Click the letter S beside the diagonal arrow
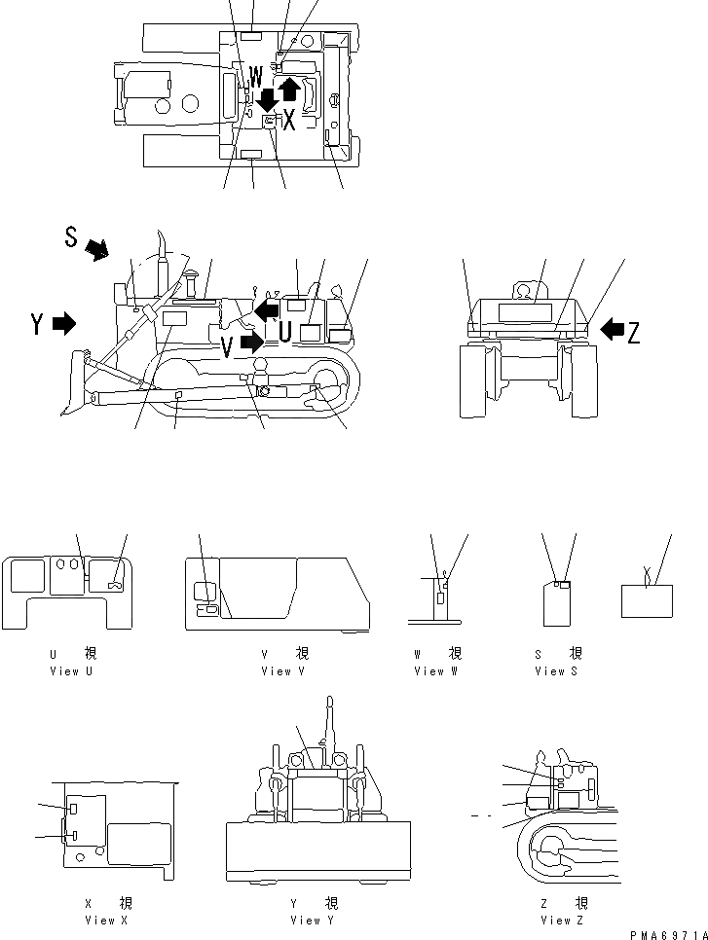71,236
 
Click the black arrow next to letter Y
64,324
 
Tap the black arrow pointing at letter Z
612,330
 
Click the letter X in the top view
289,121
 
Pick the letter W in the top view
255,74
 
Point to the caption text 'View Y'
305,920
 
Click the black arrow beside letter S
97,251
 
